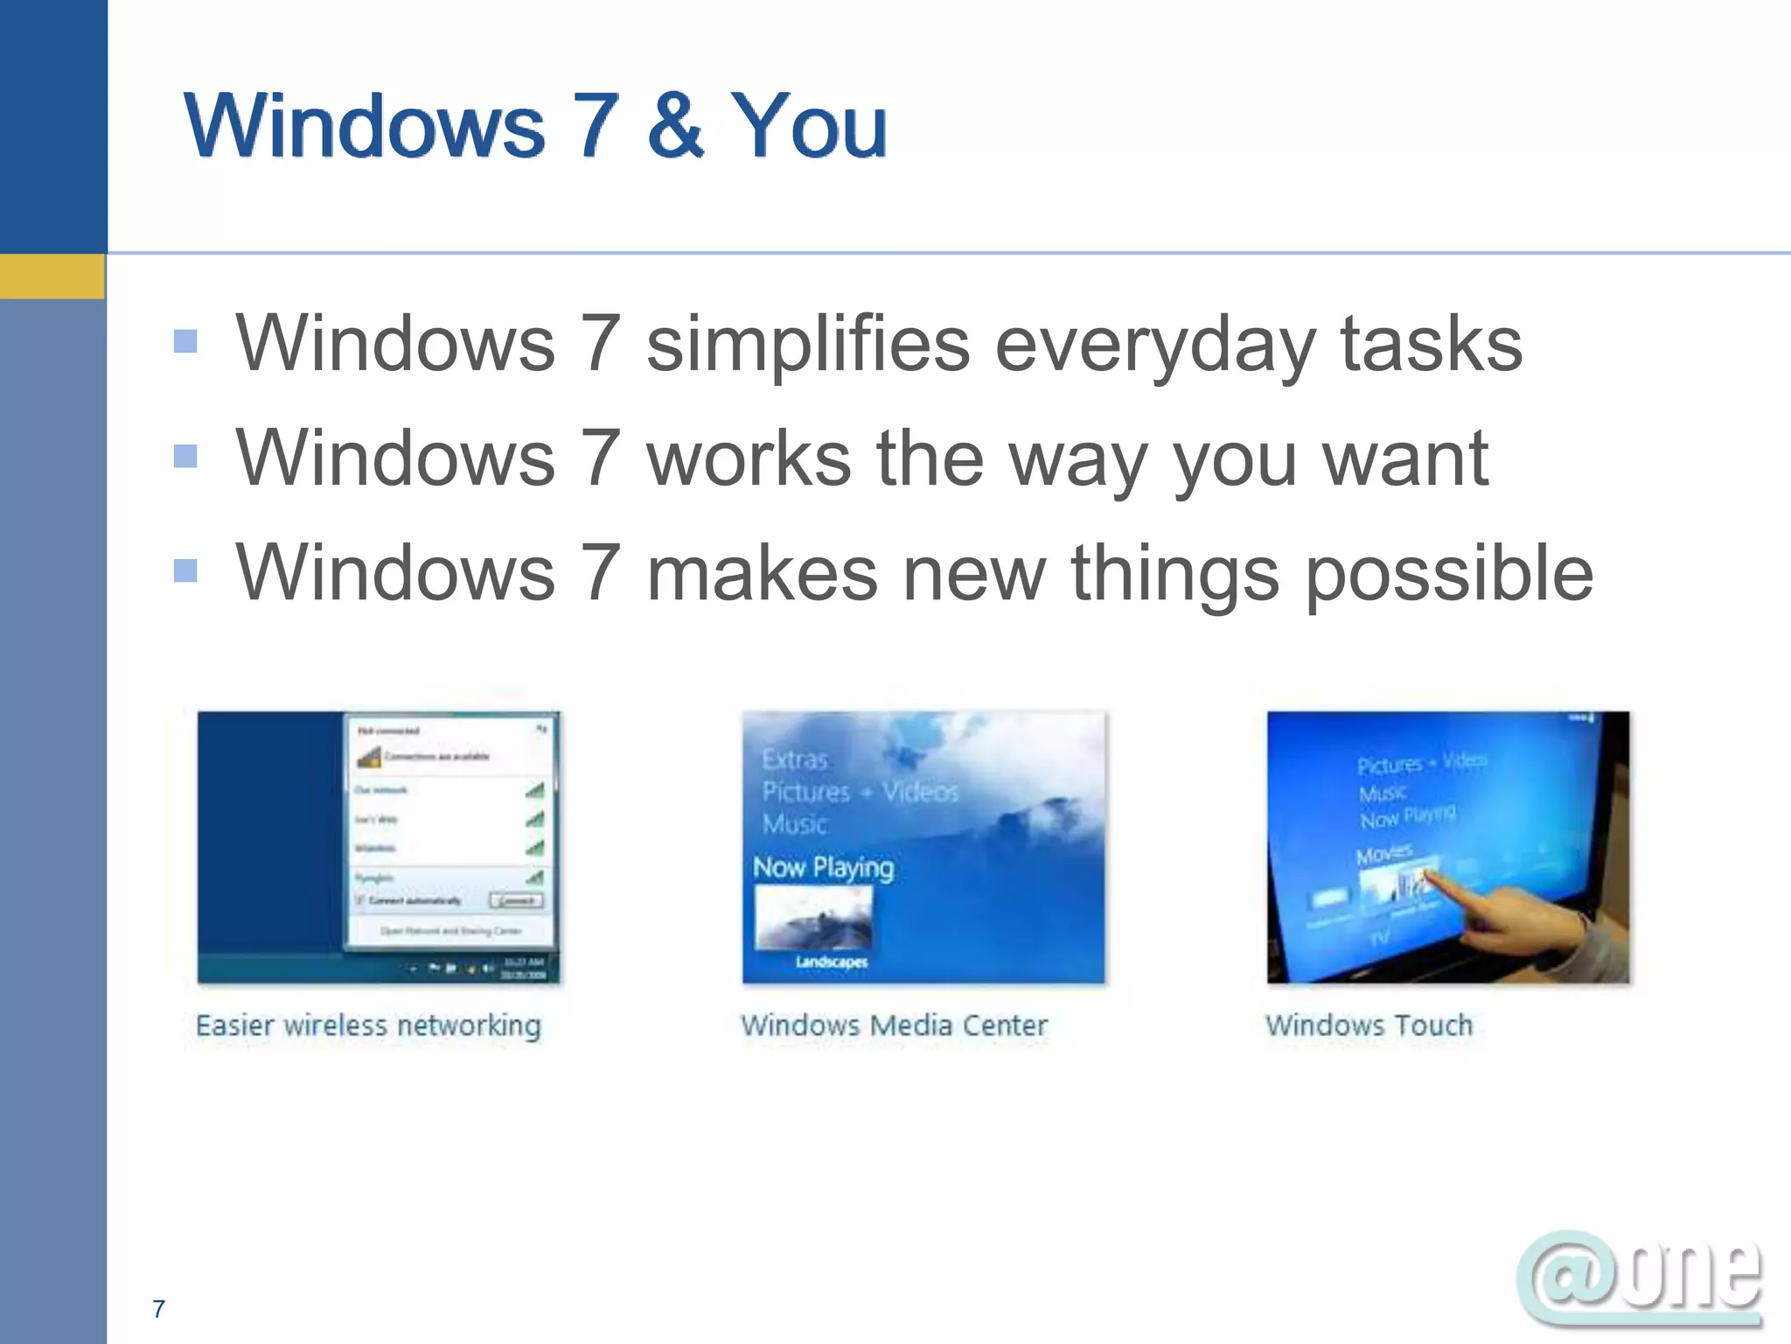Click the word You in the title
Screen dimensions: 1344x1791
[x=808, y=127]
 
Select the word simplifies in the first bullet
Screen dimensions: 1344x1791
[x=807, y=344]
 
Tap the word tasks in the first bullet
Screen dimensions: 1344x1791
[x=1432, y=342]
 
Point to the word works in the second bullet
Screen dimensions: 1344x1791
[x=749, y=458]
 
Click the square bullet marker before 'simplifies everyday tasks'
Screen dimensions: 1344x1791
[x=185, y=341]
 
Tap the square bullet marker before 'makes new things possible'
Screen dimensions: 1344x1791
[x=185, y=571]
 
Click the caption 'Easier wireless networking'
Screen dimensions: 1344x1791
[x=368, y=1025]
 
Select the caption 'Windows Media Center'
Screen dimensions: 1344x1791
[x=894, y=1025]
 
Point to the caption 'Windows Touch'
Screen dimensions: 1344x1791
[x=1369, y=1025]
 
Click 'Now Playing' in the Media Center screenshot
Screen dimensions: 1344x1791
[x=823, y=868]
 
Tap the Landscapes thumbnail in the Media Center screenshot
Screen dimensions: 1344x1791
[x=813, y=919]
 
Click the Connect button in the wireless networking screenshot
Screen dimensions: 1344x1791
[x=516, y=900]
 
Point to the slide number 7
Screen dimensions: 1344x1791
[x=158, y=1309]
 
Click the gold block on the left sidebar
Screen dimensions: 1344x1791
[x=52, y=276]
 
